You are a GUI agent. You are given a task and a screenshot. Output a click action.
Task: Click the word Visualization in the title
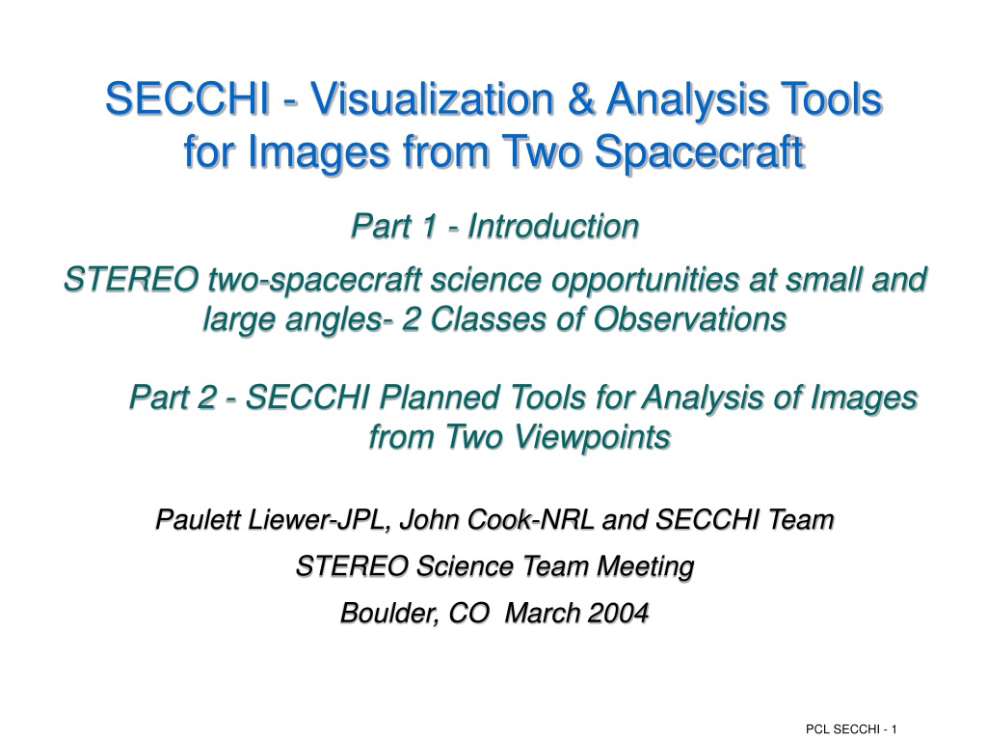[433, 99]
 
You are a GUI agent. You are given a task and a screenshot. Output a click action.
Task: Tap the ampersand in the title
[579, 99]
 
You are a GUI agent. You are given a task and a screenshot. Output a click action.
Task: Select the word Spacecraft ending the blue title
[700, 152]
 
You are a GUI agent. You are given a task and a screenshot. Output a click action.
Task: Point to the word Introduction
[553, 226]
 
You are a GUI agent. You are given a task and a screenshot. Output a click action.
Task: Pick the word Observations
[690, 318]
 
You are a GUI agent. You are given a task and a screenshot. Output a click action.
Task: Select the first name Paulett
[199, 520]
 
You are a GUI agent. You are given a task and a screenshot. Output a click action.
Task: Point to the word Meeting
[645, 566]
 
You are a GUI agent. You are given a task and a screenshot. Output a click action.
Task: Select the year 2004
[620, 613]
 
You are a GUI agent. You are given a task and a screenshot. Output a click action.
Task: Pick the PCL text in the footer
[815, 729]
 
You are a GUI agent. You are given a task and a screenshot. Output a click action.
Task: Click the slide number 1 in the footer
[894, 729]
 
